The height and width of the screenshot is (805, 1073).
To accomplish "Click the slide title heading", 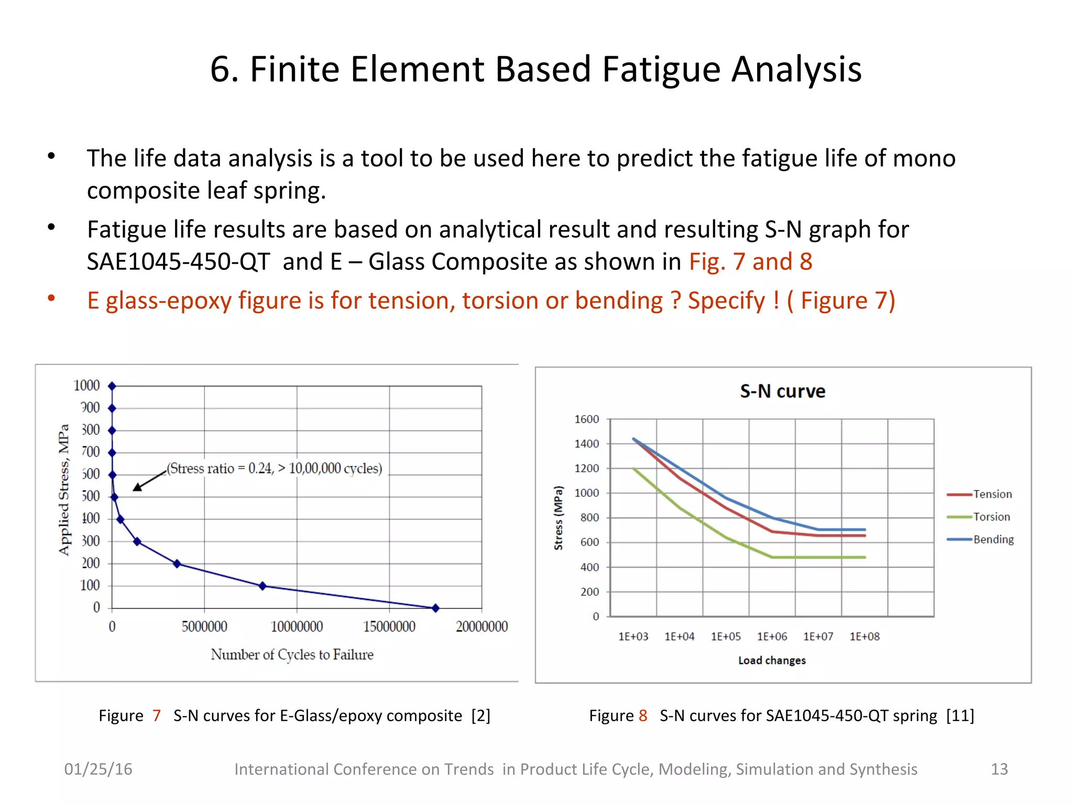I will click(x=535, y=69).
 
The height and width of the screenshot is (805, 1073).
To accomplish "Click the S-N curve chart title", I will click(x=782, y=391).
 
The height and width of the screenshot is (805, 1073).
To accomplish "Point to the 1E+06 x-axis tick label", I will click(x=772, y=636).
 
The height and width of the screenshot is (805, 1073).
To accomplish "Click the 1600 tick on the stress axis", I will click(x=586, y=419).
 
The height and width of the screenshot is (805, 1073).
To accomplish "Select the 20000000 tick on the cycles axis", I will click(x=481, y=626).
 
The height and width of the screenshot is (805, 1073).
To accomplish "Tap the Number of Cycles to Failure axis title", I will click(x=292, y=655).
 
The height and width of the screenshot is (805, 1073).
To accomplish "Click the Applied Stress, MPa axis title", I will click(x=64, y=489).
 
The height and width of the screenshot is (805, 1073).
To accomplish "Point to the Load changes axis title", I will click(x=772, y=660).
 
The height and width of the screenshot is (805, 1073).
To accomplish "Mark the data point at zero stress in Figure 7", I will click(x=435, y=608).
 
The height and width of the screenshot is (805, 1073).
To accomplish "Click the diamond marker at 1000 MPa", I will click(x=112, y=386).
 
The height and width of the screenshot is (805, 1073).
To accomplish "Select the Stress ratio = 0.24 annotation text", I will click(x=274, y=468).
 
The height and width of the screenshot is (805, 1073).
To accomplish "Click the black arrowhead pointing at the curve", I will click(x=137, y=487).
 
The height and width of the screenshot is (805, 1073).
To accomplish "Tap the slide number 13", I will click(x=999, y=769).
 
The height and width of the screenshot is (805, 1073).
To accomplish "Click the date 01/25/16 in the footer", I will click(x=98, y=769).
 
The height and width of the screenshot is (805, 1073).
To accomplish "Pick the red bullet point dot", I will click(x=51, y=298).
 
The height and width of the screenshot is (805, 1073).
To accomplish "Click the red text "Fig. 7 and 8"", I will click(x=750, y=262).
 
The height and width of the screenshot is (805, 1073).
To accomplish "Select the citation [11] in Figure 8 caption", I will click(x=960, y=715).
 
